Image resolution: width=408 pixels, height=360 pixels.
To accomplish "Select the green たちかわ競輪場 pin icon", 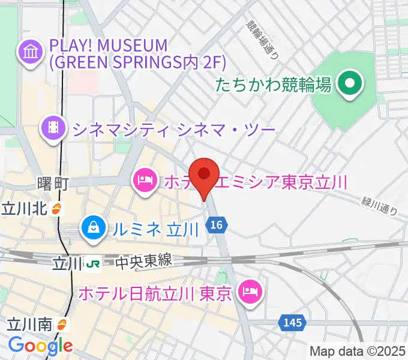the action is tap(349, 84).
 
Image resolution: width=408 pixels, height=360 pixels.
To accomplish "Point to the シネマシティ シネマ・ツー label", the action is tap(173, 128).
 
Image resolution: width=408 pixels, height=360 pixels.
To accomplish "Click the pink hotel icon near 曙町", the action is tap(145, 179).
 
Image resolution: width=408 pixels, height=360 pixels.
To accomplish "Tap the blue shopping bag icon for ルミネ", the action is tap(94, 227).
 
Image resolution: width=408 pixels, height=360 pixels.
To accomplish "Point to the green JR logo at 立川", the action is tap(92, 262).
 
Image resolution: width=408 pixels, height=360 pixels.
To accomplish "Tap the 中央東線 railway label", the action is tap(143, 262).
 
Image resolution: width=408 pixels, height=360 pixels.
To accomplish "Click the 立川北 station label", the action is tap(26, 209).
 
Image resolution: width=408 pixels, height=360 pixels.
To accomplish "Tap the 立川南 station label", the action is tap(29, 325).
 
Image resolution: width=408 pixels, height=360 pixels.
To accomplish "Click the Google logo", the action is tap(40, 345).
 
